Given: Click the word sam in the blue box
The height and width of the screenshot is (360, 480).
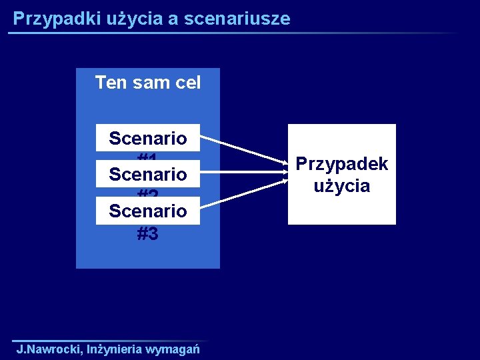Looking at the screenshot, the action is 148,83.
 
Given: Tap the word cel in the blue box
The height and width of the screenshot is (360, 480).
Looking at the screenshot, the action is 185,83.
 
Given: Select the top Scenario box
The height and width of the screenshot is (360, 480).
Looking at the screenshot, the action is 148,139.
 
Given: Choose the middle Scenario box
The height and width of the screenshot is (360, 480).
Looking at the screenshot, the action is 148,175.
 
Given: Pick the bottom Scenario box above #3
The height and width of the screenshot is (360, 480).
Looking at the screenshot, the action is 148,211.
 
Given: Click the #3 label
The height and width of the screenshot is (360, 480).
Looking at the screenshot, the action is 148,233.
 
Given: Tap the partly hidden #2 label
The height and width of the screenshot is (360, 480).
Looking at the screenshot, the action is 148,194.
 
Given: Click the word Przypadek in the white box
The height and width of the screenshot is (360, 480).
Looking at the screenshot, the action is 342,164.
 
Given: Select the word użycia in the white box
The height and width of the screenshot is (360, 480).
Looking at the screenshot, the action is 342,185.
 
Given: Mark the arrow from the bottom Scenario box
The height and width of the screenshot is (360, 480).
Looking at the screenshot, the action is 243,195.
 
